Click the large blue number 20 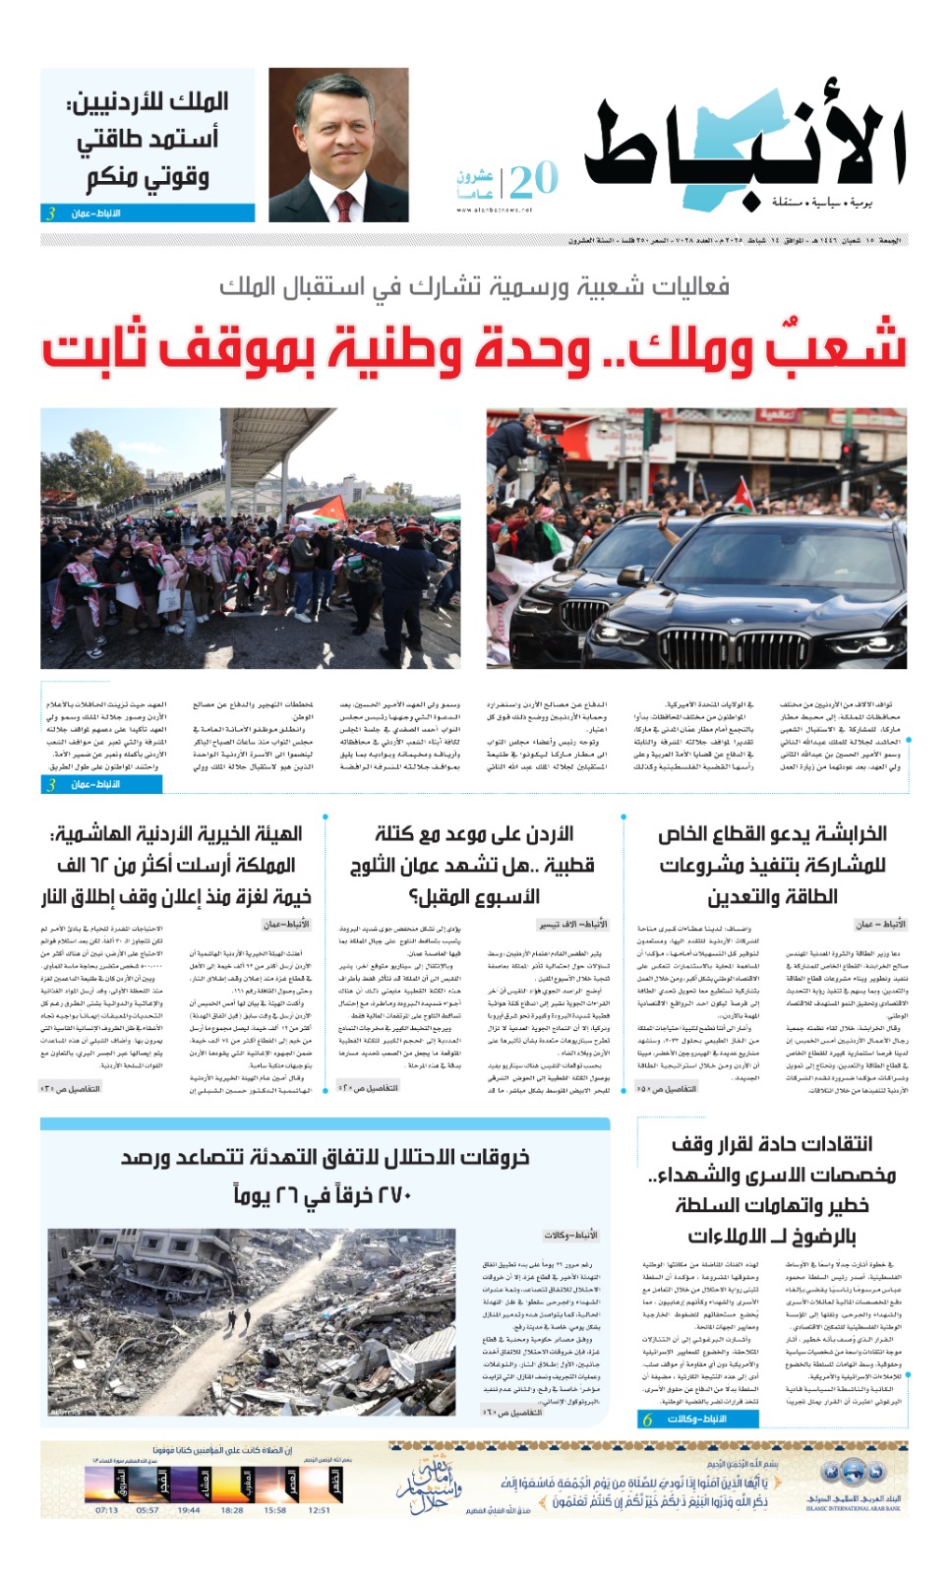pos(533,181)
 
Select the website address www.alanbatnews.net pos(494,210)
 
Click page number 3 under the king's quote pos(50,213)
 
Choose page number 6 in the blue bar pos(647,1419)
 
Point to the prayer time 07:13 pos(106,1510)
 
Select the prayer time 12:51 pos(319,1510)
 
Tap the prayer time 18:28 pos(232,1510)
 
